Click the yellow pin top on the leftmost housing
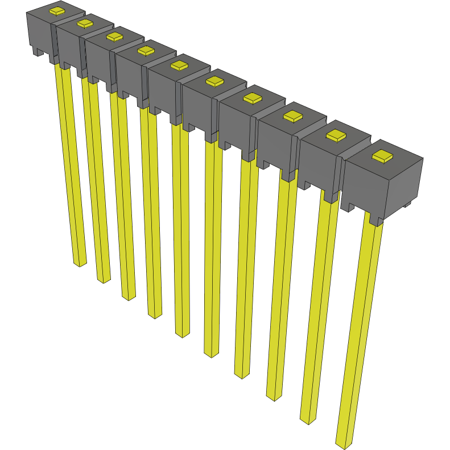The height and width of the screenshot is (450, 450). pyautogui.click(x=56, y=11)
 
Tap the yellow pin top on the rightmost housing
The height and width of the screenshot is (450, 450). pyautogui.click(x=382, y=156)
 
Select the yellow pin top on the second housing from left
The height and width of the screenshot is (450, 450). pyautogui.click(x=85, y=23)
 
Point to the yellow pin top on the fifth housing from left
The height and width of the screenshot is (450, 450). pyautogui.click(x=179, y=65)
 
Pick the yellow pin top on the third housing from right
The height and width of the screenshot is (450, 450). pyautogui.click(x=293, y=116)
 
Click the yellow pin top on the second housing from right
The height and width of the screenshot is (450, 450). pyautogui.click(x=336, y=135)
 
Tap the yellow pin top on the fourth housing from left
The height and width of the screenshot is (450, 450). pyautogui.click(x=146, y=50)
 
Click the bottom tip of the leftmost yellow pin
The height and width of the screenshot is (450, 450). pyautogui.click(x=79, y=263)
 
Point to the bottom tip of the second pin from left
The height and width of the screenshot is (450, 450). pyautogui.click(x=104, y=280)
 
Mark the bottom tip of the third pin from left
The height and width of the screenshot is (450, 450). pyautogui.click(x=129, y=297)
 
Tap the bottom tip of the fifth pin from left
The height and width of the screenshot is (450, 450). pyautogui.click(x=182, y=334)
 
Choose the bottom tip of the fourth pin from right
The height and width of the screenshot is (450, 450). pyautogui.click(x=241, y=375)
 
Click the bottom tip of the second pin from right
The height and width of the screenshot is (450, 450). pyautogui.click(x=308, y=420)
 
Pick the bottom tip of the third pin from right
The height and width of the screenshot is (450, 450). pyautogui.click(x=274, y=397)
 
